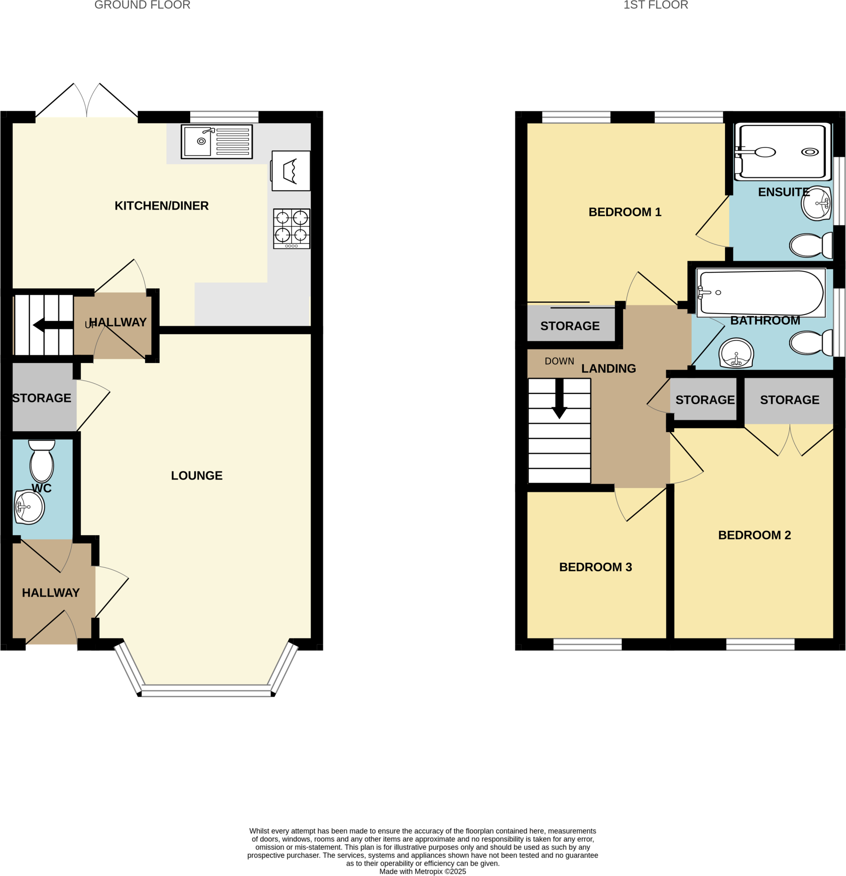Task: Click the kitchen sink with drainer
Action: [x=217, y=142]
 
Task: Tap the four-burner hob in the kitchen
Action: [x=292, y=228]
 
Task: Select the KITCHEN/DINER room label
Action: [x=161, y=206]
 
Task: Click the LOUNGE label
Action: [x=197, y=476]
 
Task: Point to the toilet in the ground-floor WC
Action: [x=41, y=461]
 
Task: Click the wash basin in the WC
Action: [x=29, y=507]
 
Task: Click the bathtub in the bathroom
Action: [x=761, y=293]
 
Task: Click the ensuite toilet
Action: [x=810, y=246]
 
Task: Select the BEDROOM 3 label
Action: [x=595, y=567]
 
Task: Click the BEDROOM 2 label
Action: [x=755, y=535]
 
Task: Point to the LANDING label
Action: [x=608, y=368]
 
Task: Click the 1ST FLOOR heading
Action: [x=656, y=6]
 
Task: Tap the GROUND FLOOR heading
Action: [x=142, y=6]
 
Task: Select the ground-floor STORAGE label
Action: [x=41, y=398]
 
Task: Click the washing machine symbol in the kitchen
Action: [x=291, y=171]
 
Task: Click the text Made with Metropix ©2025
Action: [x=422, y=871]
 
